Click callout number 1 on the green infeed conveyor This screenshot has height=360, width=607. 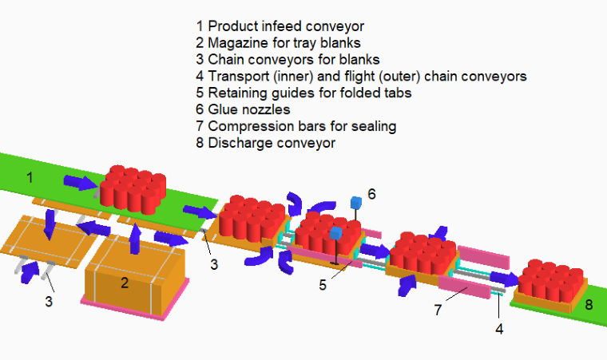[30, 177]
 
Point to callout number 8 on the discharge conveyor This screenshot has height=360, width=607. [588, 304]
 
